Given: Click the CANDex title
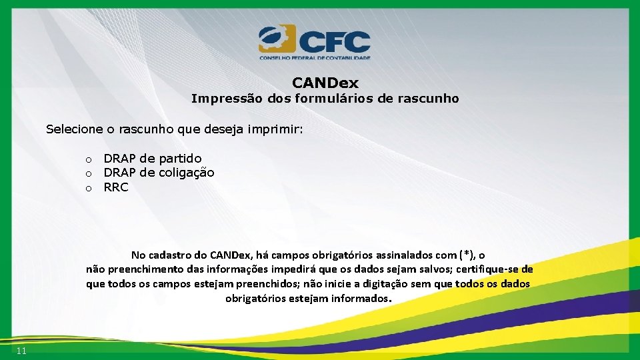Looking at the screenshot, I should click(x=325, y=83).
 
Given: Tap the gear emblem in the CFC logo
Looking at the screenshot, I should click(x=276, y=39).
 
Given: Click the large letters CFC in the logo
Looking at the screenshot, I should click(x=334, y=41).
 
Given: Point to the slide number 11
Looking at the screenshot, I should click(x=21, y=351).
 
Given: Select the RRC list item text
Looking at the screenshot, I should click(x=116, y=188).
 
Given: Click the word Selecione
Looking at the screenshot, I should click(x=72, y=129).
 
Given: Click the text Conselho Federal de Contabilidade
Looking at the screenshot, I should click(x=315, y=58).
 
